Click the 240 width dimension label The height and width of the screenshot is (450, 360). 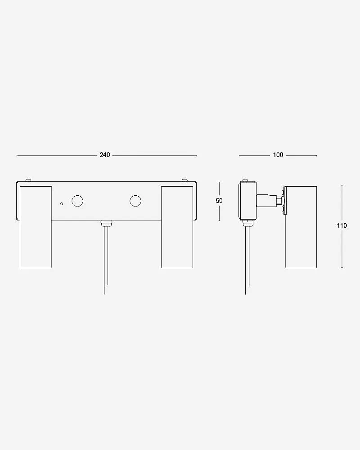tap(105, 155)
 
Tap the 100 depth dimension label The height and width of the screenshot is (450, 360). tap(278, 155)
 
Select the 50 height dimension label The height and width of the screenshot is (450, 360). tap(219, 201)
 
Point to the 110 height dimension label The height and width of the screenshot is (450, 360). tap(342, 225)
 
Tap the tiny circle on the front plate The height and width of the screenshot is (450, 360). tap(62, 204)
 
